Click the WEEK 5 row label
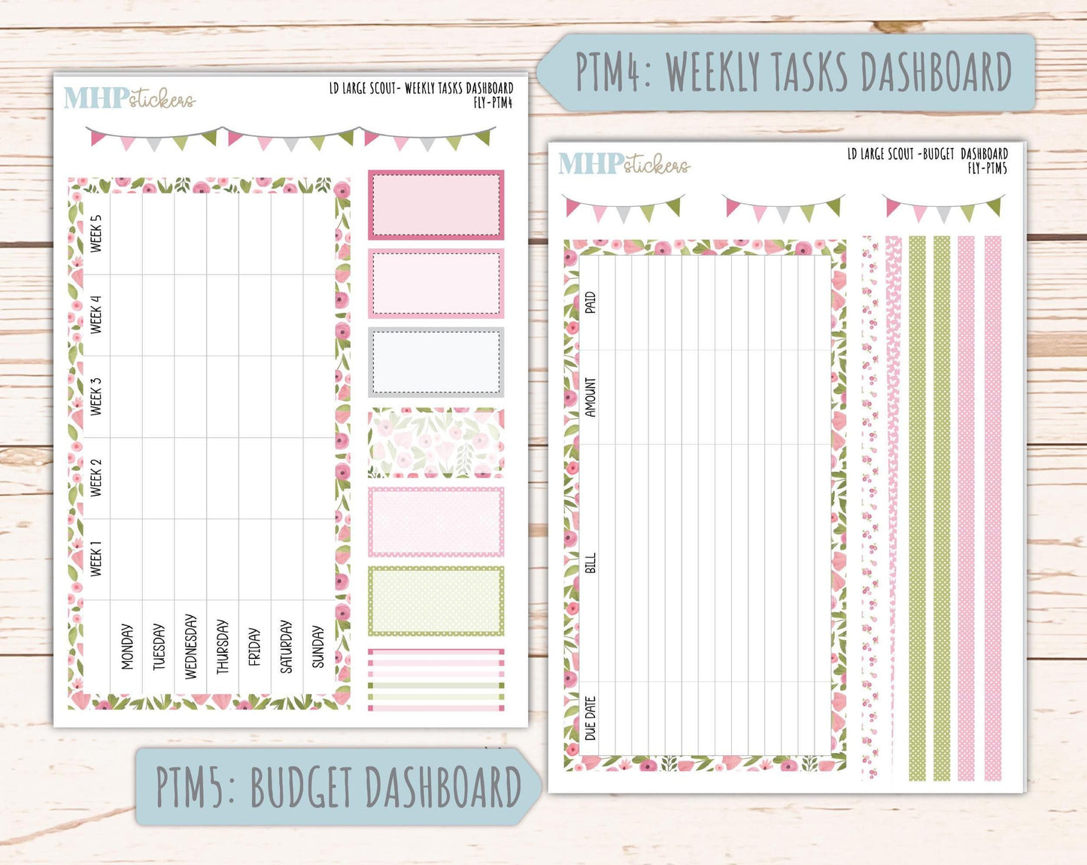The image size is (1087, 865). coord(96,234)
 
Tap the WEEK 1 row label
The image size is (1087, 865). coord(96,559)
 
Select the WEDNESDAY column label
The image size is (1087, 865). coord(190,647)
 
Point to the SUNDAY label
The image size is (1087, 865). coord(317,647)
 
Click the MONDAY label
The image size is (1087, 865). coord(127,647)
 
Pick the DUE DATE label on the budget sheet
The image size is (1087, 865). coord(590,718)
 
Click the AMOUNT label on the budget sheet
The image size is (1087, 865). coord(590,397)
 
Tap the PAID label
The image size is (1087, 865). coord(590,302)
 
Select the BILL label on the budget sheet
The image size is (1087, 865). coord(590,563)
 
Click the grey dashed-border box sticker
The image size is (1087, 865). coord(436,362)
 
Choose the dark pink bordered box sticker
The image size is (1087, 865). coord(436,205)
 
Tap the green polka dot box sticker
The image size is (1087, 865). coord(436,601)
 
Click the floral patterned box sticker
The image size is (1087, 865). coord(436,442)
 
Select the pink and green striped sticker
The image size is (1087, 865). coord(436,680)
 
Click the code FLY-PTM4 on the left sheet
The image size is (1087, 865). coord(493,103)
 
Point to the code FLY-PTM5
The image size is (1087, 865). coord(988,168)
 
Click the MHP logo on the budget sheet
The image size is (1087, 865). coord(591,164)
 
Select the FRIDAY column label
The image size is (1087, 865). coord(254,647)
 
